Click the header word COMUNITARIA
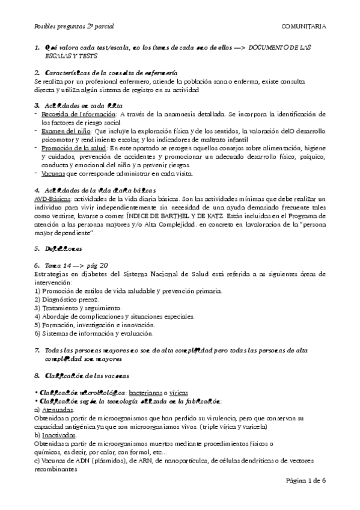tap(304, 26)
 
